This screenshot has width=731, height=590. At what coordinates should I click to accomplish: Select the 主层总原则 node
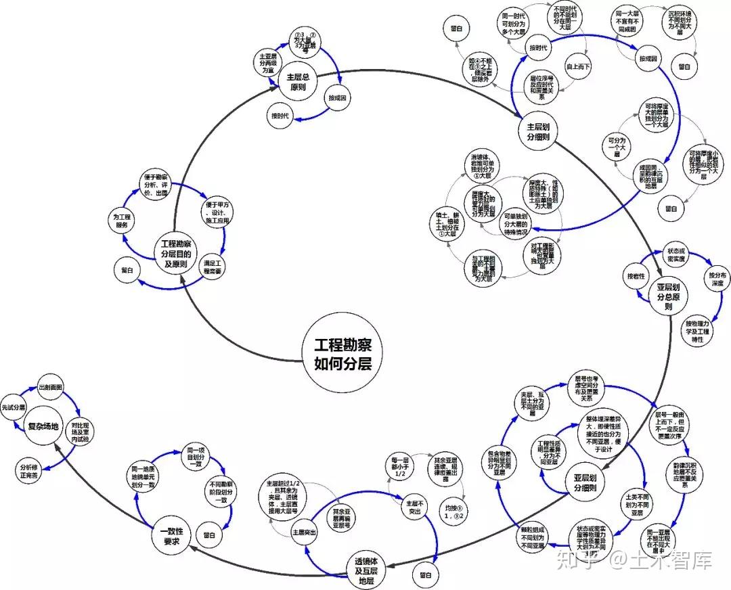pyautogui.click(x=298, y=81)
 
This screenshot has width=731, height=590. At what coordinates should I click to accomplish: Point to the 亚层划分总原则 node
pyautogui.click(x=668, y=296)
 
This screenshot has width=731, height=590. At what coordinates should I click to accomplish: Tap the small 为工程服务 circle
pyautogui.click(x=122, y=220)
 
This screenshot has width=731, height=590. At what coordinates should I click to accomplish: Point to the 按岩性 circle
pyautogui.click(x=636, y=276)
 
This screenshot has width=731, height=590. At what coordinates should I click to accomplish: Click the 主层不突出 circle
pyautogui.click(x=414, y=507)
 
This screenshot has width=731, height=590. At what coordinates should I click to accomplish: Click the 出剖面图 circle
pyautogui.click(x=51, y=387)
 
